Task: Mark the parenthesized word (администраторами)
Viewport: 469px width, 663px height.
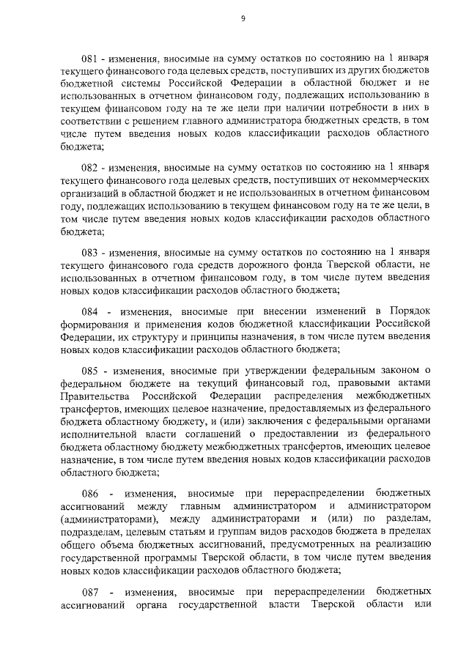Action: click(106, 521)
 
